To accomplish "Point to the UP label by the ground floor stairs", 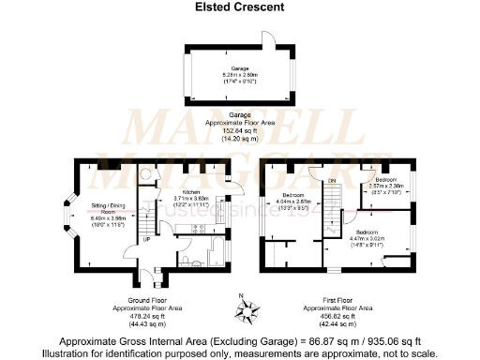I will [x=146, y=240].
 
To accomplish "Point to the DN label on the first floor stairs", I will [x=331, y=182].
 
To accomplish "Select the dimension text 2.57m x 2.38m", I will [x=386, y=187].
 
